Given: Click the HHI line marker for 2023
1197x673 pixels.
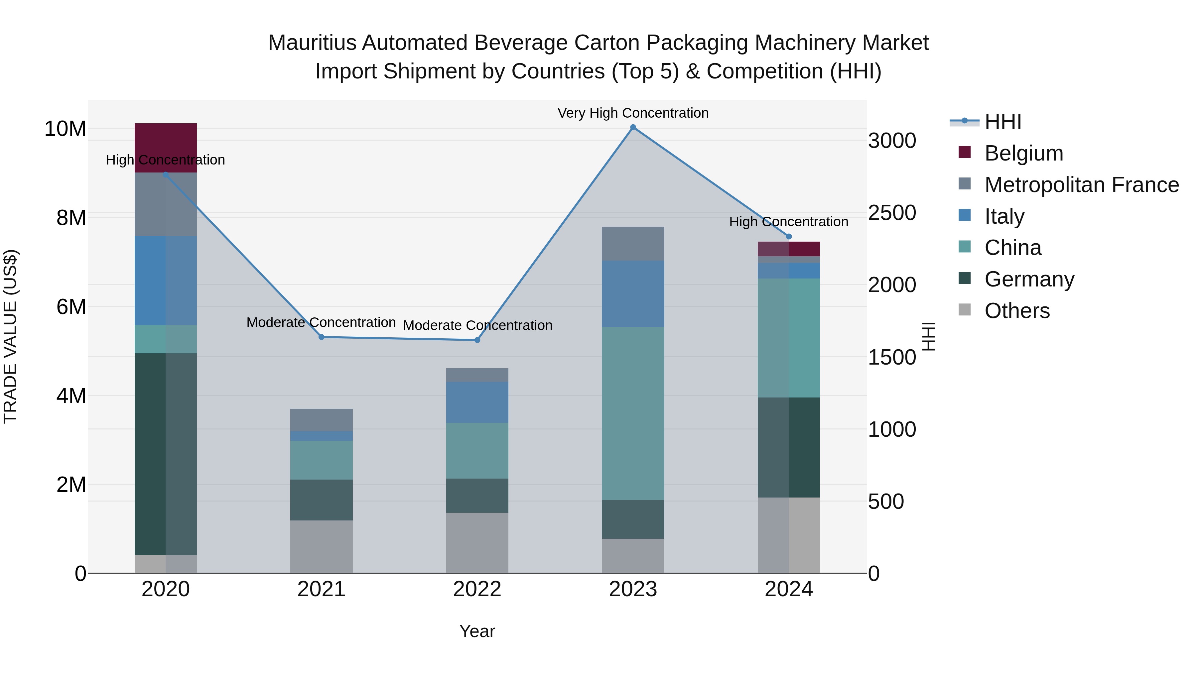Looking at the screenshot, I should (633, 127).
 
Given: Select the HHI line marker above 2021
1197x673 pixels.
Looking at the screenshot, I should (322, 337).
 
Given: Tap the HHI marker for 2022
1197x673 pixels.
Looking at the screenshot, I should (477, 340).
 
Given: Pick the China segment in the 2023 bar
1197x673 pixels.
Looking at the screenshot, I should (633, 413).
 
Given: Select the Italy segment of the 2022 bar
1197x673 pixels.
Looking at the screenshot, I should (477, 402).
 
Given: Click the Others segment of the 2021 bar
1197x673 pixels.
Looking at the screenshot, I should (322, 547).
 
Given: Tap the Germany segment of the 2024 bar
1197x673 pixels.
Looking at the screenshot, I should (789, 447).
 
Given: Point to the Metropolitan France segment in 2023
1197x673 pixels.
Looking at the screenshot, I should (633, 244).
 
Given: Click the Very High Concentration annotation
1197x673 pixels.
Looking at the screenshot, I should (633, 113).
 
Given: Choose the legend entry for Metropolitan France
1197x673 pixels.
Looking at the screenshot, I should (1081, 185).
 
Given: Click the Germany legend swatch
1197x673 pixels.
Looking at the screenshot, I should (965, 279).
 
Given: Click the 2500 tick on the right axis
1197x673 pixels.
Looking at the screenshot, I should (892, 213).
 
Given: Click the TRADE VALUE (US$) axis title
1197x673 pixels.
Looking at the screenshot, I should (10, 336).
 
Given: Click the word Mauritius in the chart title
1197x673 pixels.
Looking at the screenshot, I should (313, 43).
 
